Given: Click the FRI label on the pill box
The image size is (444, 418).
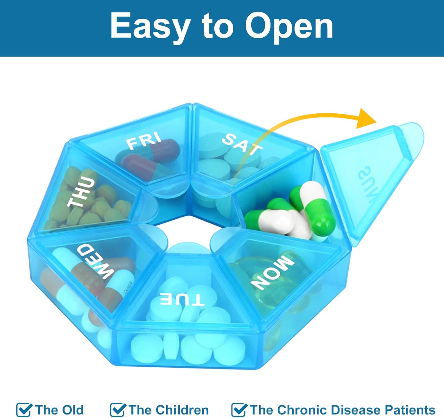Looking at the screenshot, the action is click(144, 140).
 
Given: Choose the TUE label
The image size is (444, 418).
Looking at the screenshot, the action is click(182, 300).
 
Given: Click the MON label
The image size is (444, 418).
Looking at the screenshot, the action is click(273, 271).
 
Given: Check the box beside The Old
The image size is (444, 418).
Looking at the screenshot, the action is click(24, 410).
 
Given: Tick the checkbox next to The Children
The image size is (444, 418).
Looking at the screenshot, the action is click(118, 410).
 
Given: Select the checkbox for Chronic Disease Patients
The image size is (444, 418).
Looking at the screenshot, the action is click(239, 410).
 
